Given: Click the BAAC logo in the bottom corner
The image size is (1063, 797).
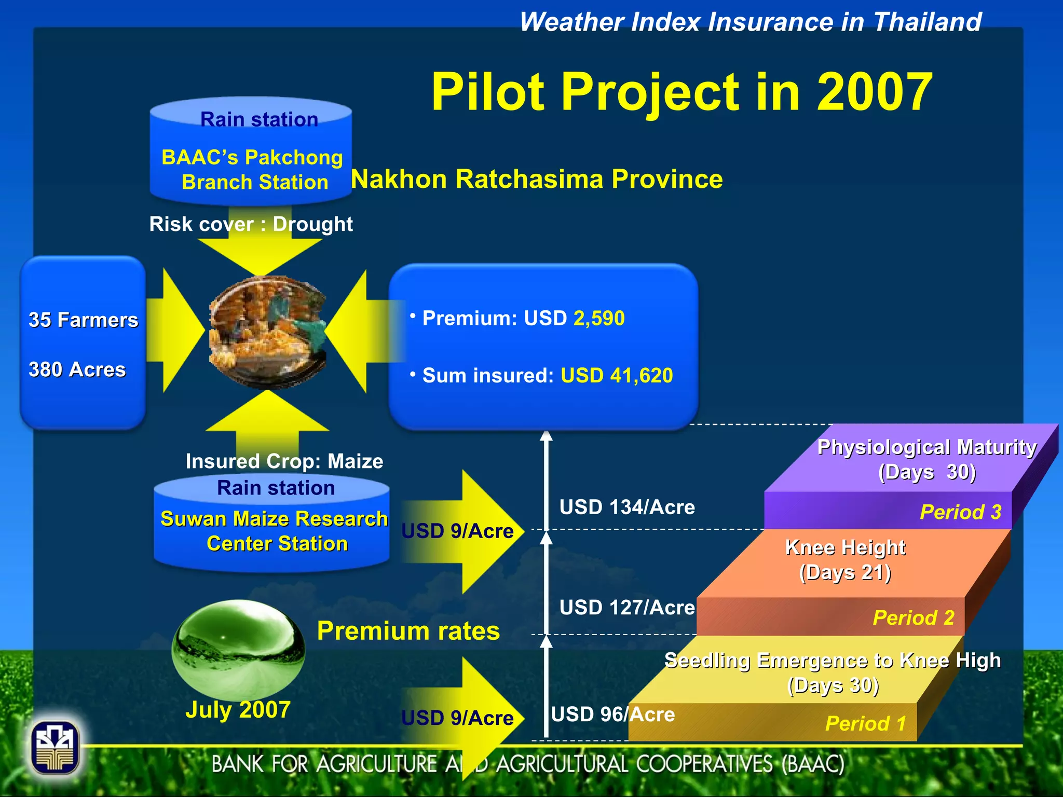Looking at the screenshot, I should click(55, 748).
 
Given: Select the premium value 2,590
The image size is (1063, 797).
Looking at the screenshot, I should click(599, 318).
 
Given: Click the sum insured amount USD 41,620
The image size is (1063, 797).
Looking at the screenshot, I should click(617, 375).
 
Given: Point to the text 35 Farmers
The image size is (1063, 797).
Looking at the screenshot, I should click(83, 320).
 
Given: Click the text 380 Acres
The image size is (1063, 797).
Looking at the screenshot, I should click(77, 369).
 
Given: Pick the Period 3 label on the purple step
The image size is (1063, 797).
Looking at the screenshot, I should click(960, 512).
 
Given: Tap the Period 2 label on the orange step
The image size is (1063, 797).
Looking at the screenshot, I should click(914, 617).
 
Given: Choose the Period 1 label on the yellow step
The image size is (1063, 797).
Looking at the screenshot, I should click(865, 723).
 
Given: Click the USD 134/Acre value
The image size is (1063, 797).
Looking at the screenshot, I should click(627, 507).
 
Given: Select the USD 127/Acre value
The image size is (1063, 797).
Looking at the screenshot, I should click(627, 607).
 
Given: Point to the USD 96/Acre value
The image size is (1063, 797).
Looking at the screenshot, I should click(612, 714).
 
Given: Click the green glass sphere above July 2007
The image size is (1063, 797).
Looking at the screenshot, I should click(238, 649).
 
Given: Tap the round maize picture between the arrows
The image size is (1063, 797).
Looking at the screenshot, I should click(268, 332).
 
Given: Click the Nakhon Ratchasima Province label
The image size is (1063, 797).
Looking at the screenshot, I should click(537, 180).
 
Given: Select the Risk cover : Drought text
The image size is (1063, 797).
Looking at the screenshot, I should click(251, 224).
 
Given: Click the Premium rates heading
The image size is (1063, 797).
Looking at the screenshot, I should click(408, 631).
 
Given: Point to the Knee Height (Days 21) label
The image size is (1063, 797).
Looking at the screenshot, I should click(845, 560).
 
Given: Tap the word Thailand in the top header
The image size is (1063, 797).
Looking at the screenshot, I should click(927, 22).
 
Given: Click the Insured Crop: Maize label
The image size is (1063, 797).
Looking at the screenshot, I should click(284, 461).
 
